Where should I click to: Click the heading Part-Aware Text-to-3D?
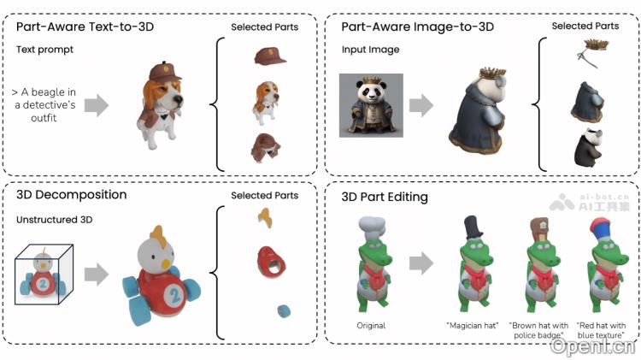84,27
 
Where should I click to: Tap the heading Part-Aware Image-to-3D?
417,27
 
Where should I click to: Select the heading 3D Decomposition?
72,195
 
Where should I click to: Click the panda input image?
371,105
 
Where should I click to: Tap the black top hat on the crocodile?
473,227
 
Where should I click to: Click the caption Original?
371,326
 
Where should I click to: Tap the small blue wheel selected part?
281,309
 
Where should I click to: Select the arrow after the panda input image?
420,105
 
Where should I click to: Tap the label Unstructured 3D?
53,221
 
